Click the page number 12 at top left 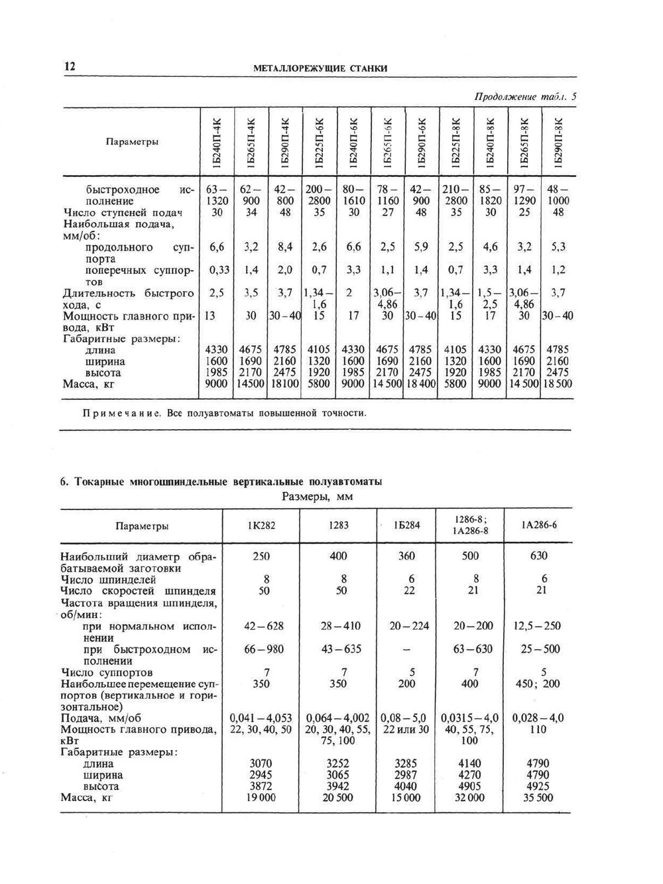(x=70, y=66)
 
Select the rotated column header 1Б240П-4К (x=216, y=142)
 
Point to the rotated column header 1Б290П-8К (x=558, y=142)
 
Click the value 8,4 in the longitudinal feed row (x=285, y=247)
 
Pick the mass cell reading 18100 (x=284, y=384)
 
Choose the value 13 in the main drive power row (x=210, y=316)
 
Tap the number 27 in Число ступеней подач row (x=388, y=213)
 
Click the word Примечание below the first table (x=121, y=413)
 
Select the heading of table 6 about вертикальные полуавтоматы (x=221, y=481)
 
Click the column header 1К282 (x=261, y=525)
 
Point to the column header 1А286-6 (x=538, y=525)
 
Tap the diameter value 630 (x=539, y=556)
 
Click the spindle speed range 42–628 (x=264, y=626)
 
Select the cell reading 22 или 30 (x=406, y=729)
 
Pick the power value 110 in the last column (x=538, y=729)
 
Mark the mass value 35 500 (x=538, y=798)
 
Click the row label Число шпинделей (x=108, y=580)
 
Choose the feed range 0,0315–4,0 (x=469, y=718)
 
